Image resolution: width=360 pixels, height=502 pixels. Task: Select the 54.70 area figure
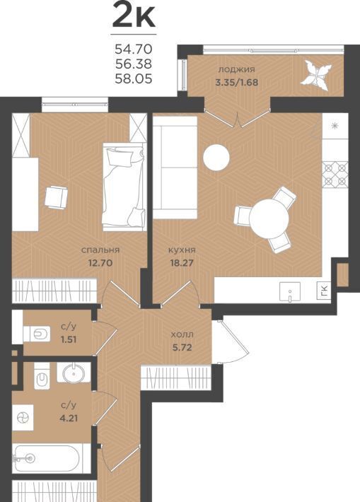point(134,49)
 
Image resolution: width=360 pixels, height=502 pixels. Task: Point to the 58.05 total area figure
point(134,78)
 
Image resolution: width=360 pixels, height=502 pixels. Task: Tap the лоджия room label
point(236,69)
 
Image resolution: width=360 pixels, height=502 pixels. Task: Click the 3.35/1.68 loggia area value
point(237,82)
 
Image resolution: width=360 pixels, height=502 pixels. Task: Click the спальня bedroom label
point(100,250)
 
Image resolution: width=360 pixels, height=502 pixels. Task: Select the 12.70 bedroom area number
point(100,263)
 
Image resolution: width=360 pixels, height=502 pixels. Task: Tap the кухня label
point(182,250)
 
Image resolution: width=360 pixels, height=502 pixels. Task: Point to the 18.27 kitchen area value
point(182,263)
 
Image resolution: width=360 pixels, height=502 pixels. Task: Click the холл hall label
point(182,335)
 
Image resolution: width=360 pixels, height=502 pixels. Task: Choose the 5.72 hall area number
point(182,347)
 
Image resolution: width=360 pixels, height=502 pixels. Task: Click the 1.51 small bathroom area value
point(69,339)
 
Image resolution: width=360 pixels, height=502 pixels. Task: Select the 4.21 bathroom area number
point(69,418)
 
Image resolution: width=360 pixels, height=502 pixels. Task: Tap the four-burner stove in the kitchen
point(335,175)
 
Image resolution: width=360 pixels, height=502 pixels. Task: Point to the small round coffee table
point(216,157)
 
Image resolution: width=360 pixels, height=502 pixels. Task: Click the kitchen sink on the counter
point(290,292)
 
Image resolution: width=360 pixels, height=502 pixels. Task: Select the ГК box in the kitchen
point(325,291)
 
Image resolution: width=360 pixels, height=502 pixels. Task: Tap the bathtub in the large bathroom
point(47,458)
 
